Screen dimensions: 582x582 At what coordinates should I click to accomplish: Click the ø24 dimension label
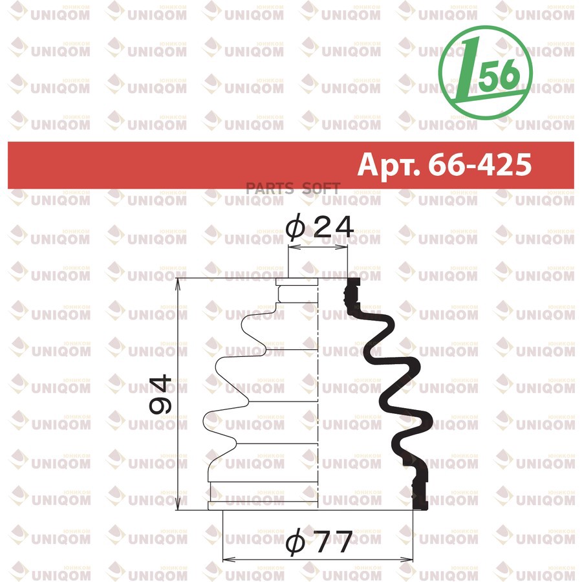pyautogui.click(x=320, y=227)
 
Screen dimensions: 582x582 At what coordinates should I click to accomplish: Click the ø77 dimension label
pyautogui.click(x=319, y=541)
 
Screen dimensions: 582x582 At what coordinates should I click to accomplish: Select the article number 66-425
pyautogui.click(x=480, y=164)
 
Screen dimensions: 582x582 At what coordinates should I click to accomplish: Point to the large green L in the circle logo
pyautogui.click(x=468, y=70)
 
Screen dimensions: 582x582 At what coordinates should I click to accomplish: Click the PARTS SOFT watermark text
pyautogui.click(x=293, y=189)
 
